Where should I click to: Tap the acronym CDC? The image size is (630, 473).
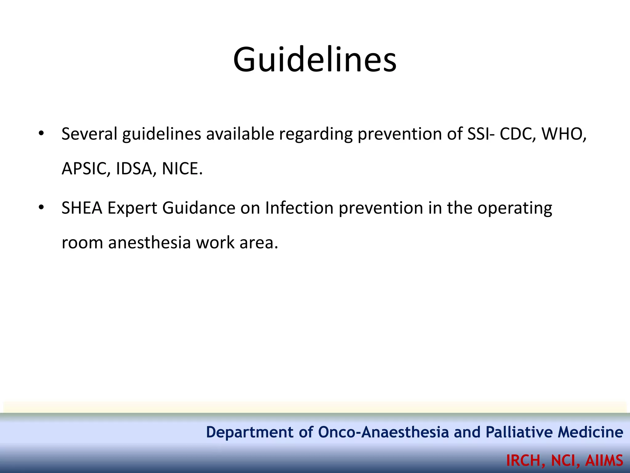(x=517, y=134)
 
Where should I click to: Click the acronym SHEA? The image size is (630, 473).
(x=82, y=208)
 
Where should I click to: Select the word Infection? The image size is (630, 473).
(x=299, y=208)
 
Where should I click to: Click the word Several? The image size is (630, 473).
(x=90, y=134)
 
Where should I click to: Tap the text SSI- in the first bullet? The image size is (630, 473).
(x=481, y=134)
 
